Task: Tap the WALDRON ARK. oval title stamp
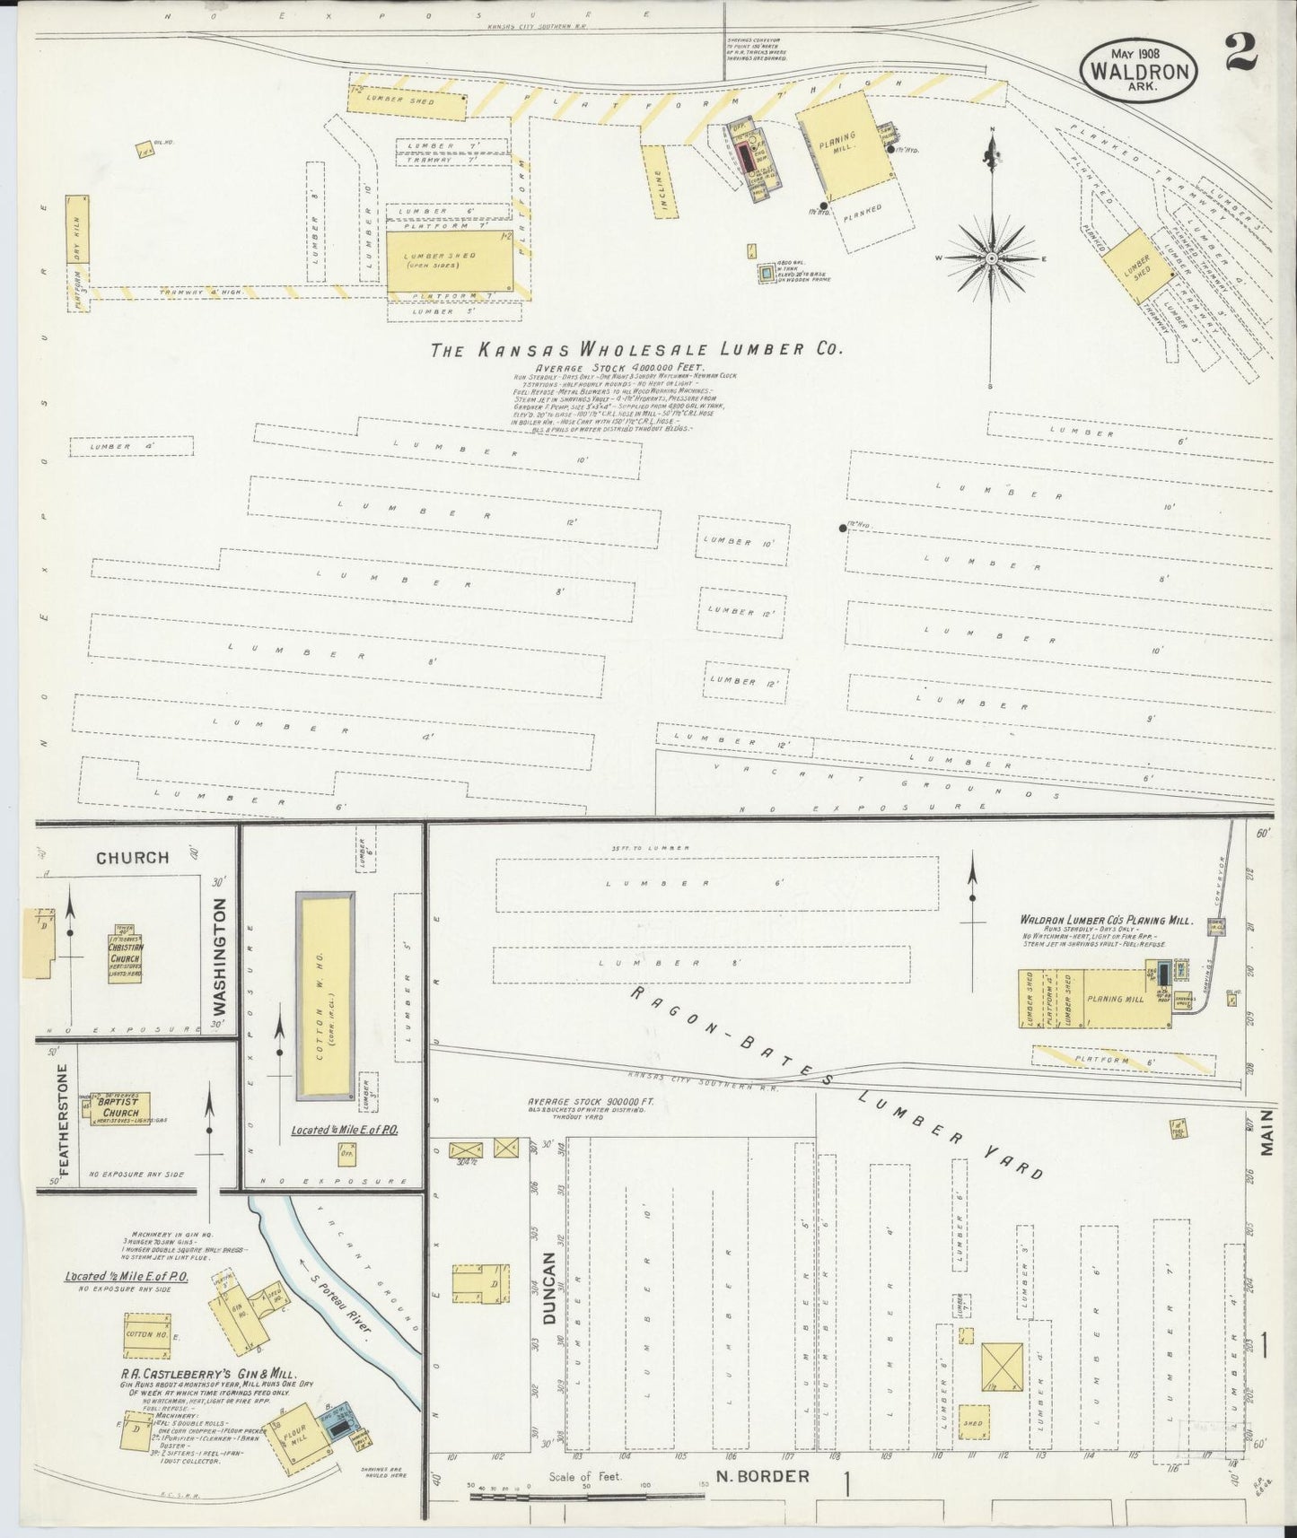(1142, 72)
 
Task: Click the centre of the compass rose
(992, 258)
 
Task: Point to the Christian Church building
(127, 955)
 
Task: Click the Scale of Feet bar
(587, 1495)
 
